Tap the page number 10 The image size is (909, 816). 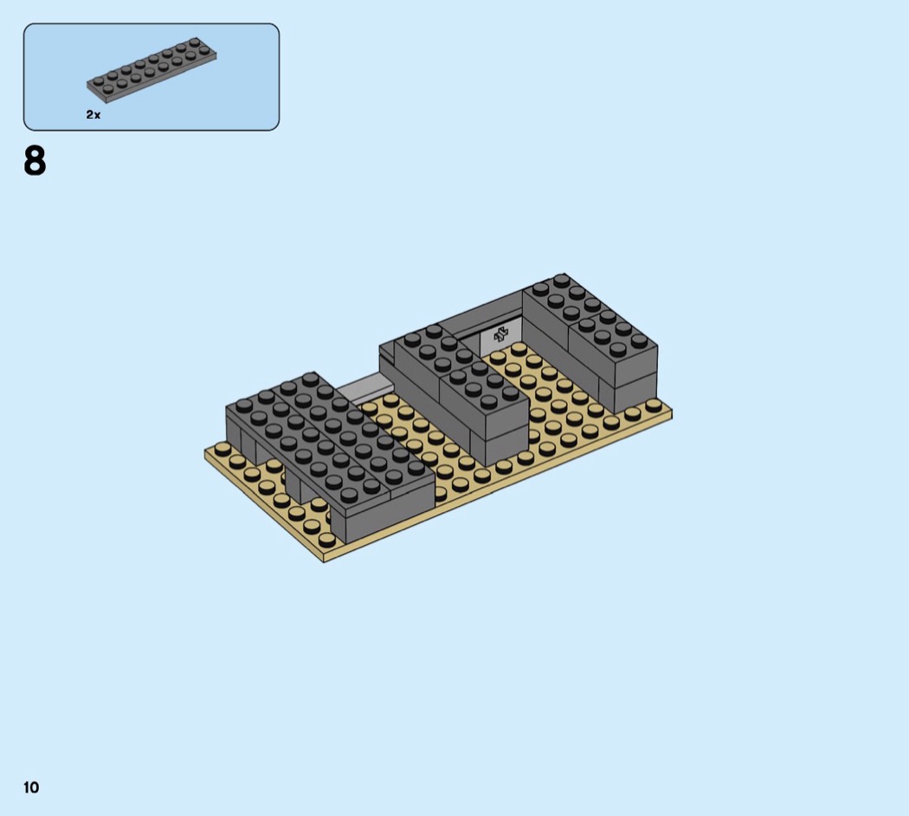point(31,787)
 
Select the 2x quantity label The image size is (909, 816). point(93,115)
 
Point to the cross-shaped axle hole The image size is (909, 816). point(500,334)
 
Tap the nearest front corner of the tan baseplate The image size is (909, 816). point(324,561)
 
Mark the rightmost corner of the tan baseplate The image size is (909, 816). point(671,411)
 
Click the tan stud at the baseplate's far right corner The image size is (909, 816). point(654,405)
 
